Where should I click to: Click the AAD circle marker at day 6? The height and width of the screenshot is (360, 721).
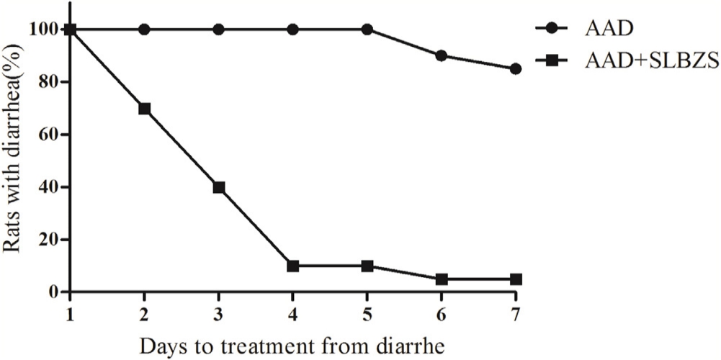pyautogui.click(x=442, y=55)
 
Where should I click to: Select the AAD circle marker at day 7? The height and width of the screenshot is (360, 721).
pyautogui.click(x=516, y=69)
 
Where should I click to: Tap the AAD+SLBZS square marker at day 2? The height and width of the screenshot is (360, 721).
pyautogui.click(x=144, y=109)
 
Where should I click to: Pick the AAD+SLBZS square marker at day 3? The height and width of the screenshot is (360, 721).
pyautogui.click(x=219, y=187)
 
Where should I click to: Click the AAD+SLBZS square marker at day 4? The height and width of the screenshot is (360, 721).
pyautogui.click(x=293, y=266)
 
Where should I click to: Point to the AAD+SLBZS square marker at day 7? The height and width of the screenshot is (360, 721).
pyautogui.click(x=516, y=279)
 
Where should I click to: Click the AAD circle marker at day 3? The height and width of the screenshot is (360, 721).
pyautogui.click(x=219, y=30)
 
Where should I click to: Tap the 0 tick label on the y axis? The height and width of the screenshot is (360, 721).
pyautogui.click(x=55, y=292)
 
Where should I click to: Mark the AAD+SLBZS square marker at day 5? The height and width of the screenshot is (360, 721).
pyautogui.click(x=367, y=266)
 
